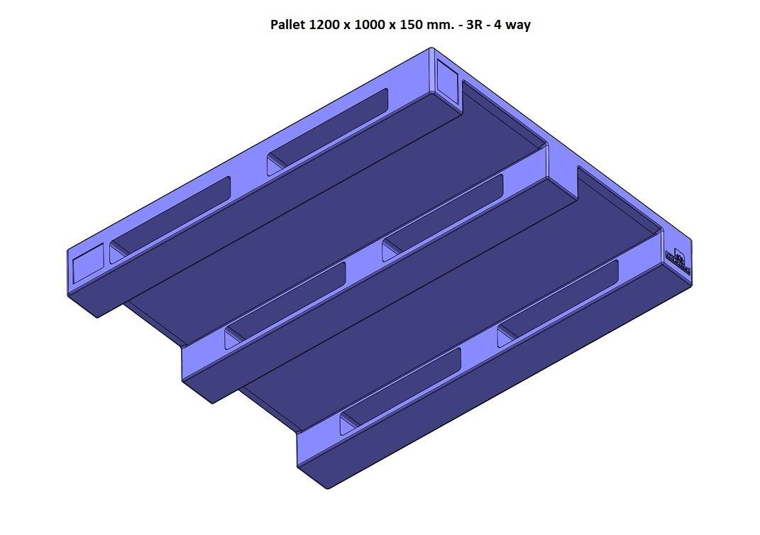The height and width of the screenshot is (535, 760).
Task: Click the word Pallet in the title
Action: [x=288, y=25]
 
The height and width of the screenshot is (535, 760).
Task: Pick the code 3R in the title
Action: [x=474, y=25]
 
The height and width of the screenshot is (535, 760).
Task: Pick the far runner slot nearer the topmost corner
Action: [x=327, y=131]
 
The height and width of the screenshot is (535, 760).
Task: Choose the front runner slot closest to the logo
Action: [x=558, y=303]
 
